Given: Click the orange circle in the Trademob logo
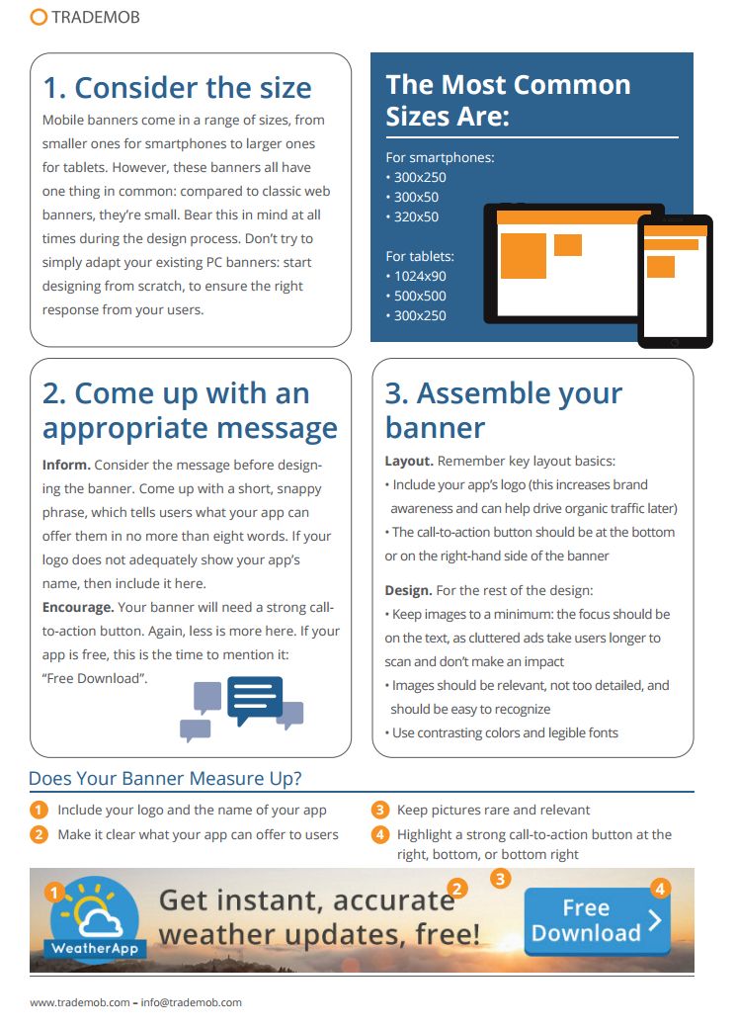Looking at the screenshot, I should (x=39, y=17).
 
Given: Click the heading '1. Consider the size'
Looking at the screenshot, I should (x=177, y=88).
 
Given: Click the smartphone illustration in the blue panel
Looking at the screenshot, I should (x=675, y=281).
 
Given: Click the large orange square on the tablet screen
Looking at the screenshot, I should (x=524, y=256).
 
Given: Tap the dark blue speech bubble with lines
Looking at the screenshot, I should (x=254, y=699).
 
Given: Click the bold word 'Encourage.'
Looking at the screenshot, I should (x=78, y=607).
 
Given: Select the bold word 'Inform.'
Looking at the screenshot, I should (x=66, y=465).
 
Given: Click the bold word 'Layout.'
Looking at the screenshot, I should (x=409, y=461).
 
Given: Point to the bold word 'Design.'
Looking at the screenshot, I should (x=408, y=590).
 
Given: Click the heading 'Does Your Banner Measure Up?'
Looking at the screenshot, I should (x=165, y=778).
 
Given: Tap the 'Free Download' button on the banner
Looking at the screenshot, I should (x=597, y=921).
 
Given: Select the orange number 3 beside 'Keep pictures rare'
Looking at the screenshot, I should (x=380, y=810).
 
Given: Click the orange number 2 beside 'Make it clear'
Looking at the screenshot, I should (x=39, y=834).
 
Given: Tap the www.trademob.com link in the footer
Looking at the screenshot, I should (x=79, y=1002).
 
